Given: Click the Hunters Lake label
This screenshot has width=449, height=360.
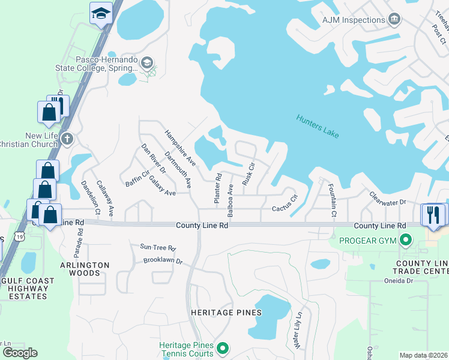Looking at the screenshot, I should pos(318,127).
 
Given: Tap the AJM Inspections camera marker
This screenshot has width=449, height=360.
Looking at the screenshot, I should pos(394,20).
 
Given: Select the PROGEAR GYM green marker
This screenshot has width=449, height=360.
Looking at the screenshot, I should pos(406,241).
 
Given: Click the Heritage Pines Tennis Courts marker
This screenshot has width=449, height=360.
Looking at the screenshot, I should pos(223,348).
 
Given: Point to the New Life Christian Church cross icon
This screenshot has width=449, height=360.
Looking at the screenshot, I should pos(67,139).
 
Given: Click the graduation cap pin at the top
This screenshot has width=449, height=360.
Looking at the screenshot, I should pos(101,13).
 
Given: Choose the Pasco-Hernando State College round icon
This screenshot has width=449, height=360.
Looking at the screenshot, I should pos(147,62).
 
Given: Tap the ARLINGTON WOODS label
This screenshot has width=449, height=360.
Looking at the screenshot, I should pos(84,269).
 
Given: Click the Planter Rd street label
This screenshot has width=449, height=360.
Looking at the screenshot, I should pos(218,188).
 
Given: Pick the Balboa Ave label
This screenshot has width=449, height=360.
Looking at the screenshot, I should pos(231,200).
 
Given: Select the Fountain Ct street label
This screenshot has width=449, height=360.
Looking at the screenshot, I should pos(332,200).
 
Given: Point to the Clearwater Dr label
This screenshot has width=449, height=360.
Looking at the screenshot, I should pos(388,198).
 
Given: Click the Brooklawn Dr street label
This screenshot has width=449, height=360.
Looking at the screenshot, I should pos(162,262).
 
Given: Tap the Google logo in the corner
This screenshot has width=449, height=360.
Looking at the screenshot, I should pos(20,353).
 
